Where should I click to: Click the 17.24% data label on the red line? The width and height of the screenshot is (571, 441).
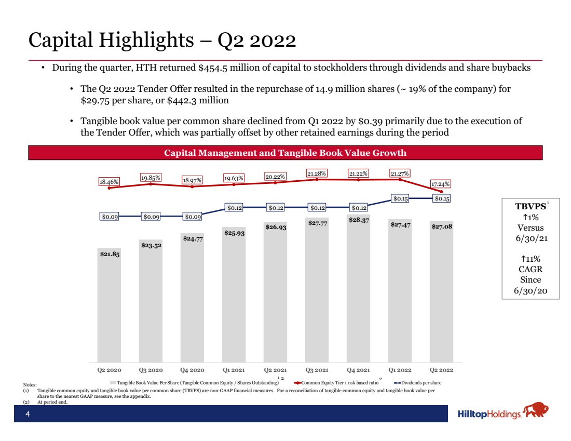pos(440,184)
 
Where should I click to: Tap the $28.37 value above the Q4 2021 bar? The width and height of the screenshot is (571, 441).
pos(359,220)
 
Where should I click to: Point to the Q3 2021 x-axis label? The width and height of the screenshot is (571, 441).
pos(317,370)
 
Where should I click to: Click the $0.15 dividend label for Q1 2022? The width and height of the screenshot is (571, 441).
pos(401,198)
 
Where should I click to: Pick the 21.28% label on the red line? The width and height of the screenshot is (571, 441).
pos(317,173)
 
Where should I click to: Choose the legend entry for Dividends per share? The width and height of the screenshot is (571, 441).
pos(418,383)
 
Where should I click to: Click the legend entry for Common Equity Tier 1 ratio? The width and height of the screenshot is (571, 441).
pos(336,383)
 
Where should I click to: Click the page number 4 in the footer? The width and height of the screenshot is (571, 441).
pos(28,413)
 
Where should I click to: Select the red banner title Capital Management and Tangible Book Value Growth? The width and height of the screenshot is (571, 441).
pos(285,153)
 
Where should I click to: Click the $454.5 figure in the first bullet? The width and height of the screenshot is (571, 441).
pos(213,68)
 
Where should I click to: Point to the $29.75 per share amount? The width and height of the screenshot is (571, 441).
pos(95,101)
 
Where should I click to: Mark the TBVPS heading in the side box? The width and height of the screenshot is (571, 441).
pos(531,206)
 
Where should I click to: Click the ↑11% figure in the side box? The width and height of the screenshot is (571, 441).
pos(531,259)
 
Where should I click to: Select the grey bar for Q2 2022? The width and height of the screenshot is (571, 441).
pos(441,291)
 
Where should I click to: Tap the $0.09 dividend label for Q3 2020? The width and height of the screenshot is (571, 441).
pos(151,217)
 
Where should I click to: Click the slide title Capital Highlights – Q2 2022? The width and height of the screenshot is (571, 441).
pos(162,39)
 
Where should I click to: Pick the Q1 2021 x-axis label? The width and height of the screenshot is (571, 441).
pos(234,370)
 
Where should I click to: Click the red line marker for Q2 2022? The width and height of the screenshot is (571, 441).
pos(442,192)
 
